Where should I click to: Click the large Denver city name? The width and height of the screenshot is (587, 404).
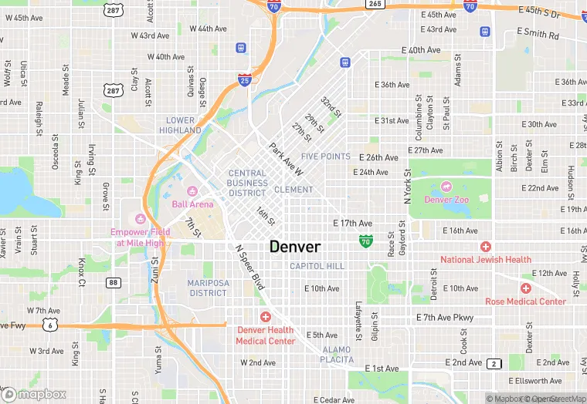pyautogui.click(x=294, y=247)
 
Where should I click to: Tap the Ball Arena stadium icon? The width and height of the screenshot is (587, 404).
pyautogui.click(x=193, y=191)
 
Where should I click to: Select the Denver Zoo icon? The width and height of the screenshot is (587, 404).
pyautogui.click(x=446, y=187)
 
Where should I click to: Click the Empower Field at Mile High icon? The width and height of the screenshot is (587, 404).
pyautogui.click(x=140, y=219)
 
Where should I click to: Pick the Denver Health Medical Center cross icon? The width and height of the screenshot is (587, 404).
pyautogui.click(x=266, y=317)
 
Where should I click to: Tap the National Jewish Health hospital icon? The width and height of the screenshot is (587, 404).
pyautogui.click(x=485, y=247)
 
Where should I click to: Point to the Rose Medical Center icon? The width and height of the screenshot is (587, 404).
pyautogui.click(x=525, y=288)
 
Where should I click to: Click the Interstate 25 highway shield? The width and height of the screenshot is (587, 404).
pyautogui.click(x=244, y=79)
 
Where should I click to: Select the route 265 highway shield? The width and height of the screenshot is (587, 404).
pyautogui.click(x=375, y=4)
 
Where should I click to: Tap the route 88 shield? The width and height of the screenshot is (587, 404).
pyautogui.click(x=114, y=283)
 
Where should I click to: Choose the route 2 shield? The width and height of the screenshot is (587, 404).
pyautogui.click(x=494, y=362)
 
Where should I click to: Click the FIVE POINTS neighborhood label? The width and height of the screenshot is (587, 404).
pyautogui.click(x=325, y=157)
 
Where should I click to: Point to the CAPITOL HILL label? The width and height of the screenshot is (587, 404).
pyautogui.click(x=317, y=266)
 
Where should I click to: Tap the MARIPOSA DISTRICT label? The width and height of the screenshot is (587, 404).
pyautogui.click(x=207, y=288)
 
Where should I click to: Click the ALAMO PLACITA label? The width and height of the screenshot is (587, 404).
pyautogui.click(x=337, y=354)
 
